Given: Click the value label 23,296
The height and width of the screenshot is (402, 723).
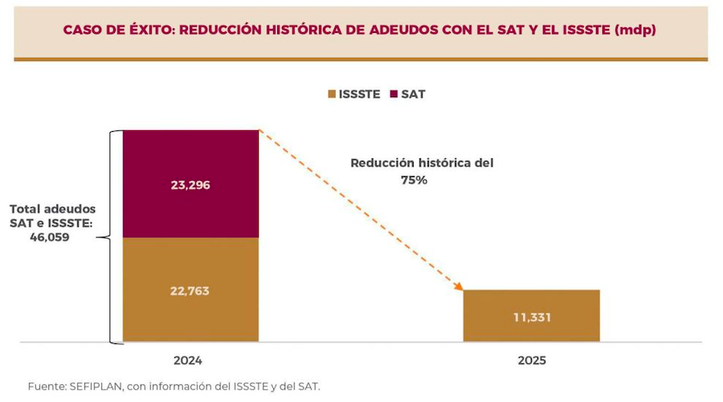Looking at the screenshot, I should click(x=190, y=185).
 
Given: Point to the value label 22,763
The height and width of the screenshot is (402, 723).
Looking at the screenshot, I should click(x=190, y=291).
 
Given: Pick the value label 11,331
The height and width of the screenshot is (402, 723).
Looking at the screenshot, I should click(x=532, y=317).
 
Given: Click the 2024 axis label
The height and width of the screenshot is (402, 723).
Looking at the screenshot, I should click(x=190, y=361).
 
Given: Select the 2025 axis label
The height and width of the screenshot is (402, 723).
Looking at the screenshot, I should click(x=532, y=361).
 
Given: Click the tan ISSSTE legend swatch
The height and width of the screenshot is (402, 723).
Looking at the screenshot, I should click(x=331, y=94).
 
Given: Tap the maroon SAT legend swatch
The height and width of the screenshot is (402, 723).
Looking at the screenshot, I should click(x=394, y=94).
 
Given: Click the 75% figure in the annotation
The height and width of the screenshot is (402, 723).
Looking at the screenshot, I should click(x=415, y=181).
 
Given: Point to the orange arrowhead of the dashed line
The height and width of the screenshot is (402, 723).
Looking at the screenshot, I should click(x=460, y=285).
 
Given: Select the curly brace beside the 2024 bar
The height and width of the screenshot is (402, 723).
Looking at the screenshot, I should click(x=115, y=237).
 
